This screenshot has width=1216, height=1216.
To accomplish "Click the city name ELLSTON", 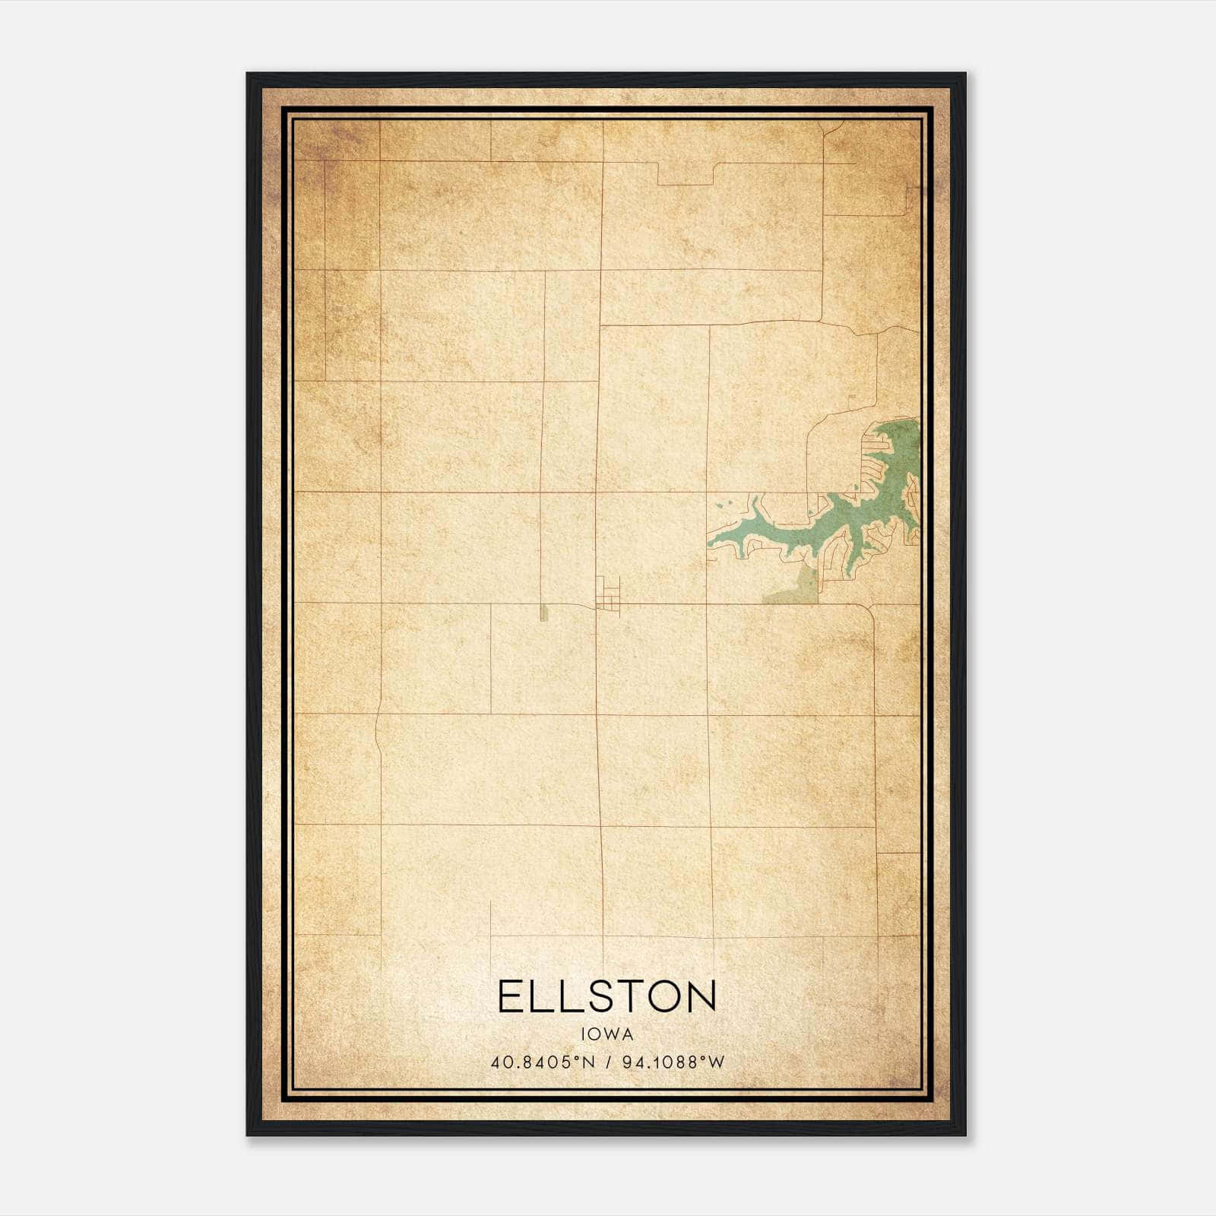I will [x=607, y=996].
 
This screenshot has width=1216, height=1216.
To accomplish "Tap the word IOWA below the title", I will [x=607, y=1034].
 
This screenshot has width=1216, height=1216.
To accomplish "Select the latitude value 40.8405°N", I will [x=543, y=1062].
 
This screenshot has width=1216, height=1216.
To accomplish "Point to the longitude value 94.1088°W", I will [x=673, y=1062].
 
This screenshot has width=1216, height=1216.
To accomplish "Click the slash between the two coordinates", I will [x=609, y=1062].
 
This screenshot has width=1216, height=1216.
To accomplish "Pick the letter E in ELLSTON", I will [x=510, y=996].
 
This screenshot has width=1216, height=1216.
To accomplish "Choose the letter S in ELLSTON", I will [x=588, y=996].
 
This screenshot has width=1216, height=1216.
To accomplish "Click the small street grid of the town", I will [x=609, y=594].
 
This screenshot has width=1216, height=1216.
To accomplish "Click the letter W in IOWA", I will [x=613, y=1034].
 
